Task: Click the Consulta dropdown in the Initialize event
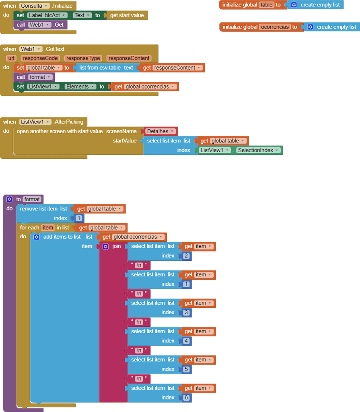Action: (35, 6)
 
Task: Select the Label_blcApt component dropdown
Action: (47, 15)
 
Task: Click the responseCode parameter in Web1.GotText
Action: (41, 58)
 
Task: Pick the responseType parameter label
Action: (83, 58)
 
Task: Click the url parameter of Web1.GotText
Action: (11, 58)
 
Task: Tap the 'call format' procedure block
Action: (34, 77)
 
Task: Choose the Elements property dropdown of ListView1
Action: (80, 87)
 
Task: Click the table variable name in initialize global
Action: (266, 5)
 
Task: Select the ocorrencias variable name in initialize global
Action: (275, 27)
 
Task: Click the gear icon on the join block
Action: (106, 247)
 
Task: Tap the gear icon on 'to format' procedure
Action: (10, 199)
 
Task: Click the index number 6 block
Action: (186, 398)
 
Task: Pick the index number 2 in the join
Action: (186, 255)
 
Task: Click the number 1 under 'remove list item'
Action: (79, 218)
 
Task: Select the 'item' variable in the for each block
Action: (48, 228)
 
